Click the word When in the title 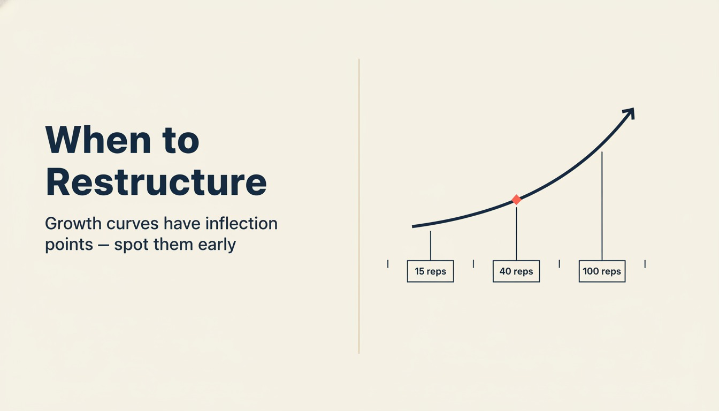[98, 140]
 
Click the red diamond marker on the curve [516, 200]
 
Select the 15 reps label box [430, 271]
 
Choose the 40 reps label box [516, 271]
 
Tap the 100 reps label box [602, 271]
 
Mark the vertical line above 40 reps [516, 233]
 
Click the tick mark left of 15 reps [388, 263]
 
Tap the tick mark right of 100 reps [645, 263]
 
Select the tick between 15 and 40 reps [473, 263]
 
